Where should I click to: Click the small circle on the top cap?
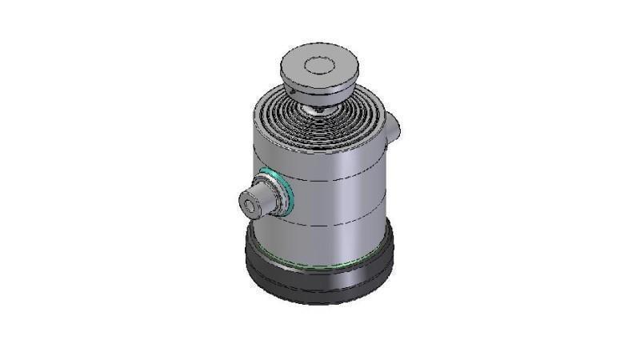[322, 66]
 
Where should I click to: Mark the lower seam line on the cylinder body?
[336, 227]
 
